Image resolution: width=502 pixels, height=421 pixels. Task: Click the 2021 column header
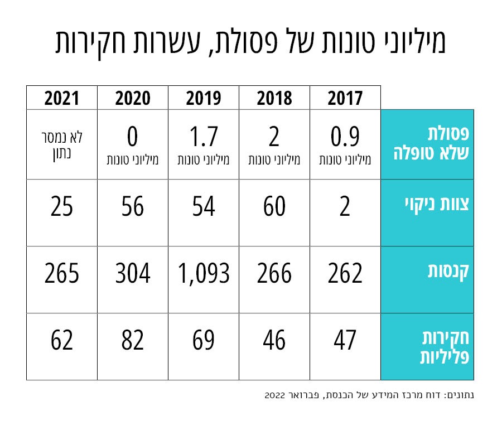point(62,99)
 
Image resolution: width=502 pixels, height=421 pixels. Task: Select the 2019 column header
point(204,99)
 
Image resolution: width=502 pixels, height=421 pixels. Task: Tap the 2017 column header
point(345,99)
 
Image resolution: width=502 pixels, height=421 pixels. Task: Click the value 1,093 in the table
point(204,274)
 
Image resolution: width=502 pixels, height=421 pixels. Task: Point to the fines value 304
point(133,274)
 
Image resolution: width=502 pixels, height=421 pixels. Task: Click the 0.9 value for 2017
point(345,137)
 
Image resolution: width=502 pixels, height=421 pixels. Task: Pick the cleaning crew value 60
point(274,207)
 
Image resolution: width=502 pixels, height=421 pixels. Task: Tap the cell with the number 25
point(62,207)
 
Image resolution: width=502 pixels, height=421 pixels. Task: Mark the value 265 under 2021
point(62,274)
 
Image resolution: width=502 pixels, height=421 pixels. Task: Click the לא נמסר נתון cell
point(62,143)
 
